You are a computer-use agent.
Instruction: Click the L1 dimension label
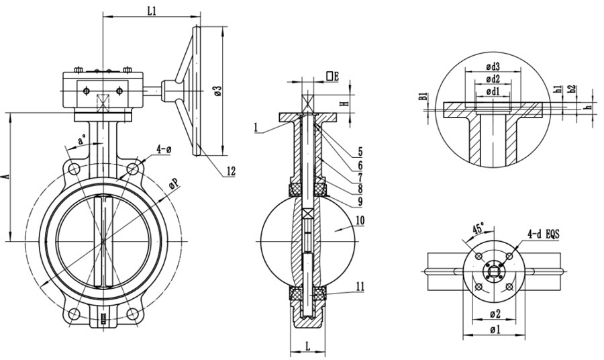(x=151, y=9)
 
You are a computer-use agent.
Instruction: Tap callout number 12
(x=231, y=171)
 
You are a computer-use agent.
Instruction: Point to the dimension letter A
(x=6, y=176)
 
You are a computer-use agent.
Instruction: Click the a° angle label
(x=81, y=142)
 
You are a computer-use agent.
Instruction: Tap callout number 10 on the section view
(x=360, y=220)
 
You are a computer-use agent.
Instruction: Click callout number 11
(x=360, y=287)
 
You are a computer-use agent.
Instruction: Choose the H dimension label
(x=343, y=104)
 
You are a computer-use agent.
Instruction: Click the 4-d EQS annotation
(x=544, y=234)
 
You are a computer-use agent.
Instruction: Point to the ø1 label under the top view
(x=494, y=329)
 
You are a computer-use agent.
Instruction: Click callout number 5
(x=360, y=151)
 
